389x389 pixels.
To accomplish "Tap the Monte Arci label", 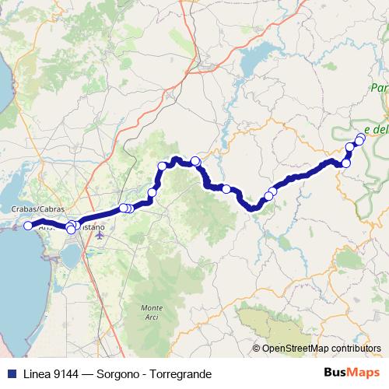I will [152, 311].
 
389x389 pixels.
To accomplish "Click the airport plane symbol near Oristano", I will [99, 234].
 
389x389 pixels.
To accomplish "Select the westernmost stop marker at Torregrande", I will [28, 226].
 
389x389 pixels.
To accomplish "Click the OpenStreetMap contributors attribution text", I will [321, 348].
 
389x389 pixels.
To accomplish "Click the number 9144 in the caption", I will [68, 374].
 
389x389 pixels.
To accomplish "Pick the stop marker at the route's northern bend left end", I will [162, 165].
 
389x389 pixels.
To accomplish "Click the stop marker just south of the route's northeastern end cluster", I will [346, 163].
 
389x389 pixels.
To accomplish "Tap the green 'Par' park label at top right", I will [379, 86].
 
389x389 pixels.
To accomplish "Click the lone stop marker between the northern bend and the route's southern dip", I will [226, 188].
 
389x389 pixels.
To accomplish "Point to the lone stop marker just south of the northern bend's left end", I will [152, 192].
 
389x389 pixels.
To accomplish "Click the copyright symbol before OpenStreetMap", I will [256, 348].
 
